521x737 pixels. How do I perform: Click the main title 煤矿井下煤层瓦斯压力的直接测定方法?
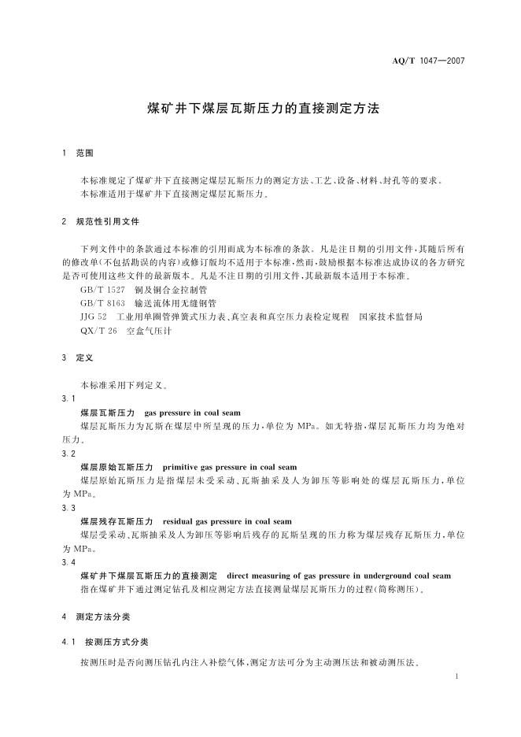click(264, 109)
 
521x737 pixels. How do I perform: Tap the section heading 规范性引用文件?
click(108, 223)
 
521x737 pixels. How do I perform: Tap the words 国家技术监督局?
click(391, 317)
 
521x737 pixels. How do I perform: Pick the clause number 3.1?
click(68, 399)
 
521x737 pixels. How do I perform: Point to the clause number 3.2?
click(68, 454)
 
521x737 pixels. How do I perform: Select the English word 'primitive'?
click(184, 467)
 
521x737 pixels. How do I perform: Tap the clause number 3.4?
click(68, 562)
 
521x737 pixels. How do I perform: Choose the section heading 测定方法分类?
click(103, 617)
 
